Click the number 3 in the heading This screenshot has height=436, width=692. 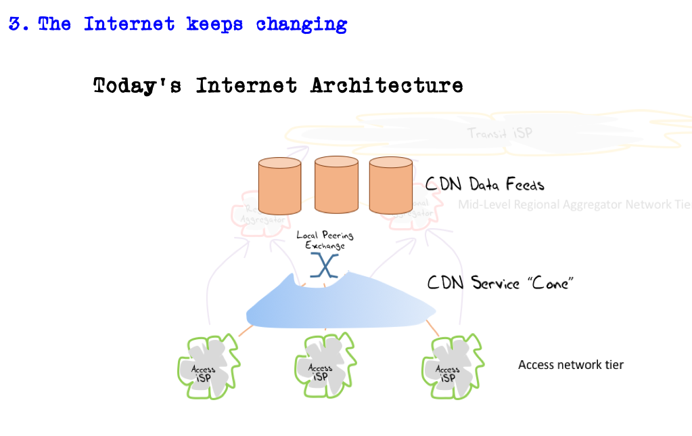[14, 24]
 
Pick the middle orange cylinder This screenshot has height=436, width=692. [336, 187]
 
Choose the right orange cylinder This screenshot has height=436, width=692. [391, 187]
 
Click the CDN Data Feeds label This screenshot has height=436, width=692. [484, 184]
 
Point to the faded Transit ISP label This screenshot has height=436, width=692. [500, 133]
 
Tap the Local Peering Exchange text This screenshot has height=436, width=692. [325, 240]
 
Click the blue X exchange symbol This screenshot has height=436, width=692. [324, 265]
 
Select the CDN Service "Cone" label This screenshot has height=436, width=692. [501, 282]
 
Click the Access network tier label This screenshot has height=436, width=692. [570, 365]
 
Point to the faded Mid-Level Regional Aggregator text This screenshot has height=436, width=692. [574, 204]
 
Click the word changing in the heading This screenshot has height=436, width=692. [302, 24]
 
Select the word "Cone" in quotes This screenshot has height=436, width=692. [549, 282]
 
